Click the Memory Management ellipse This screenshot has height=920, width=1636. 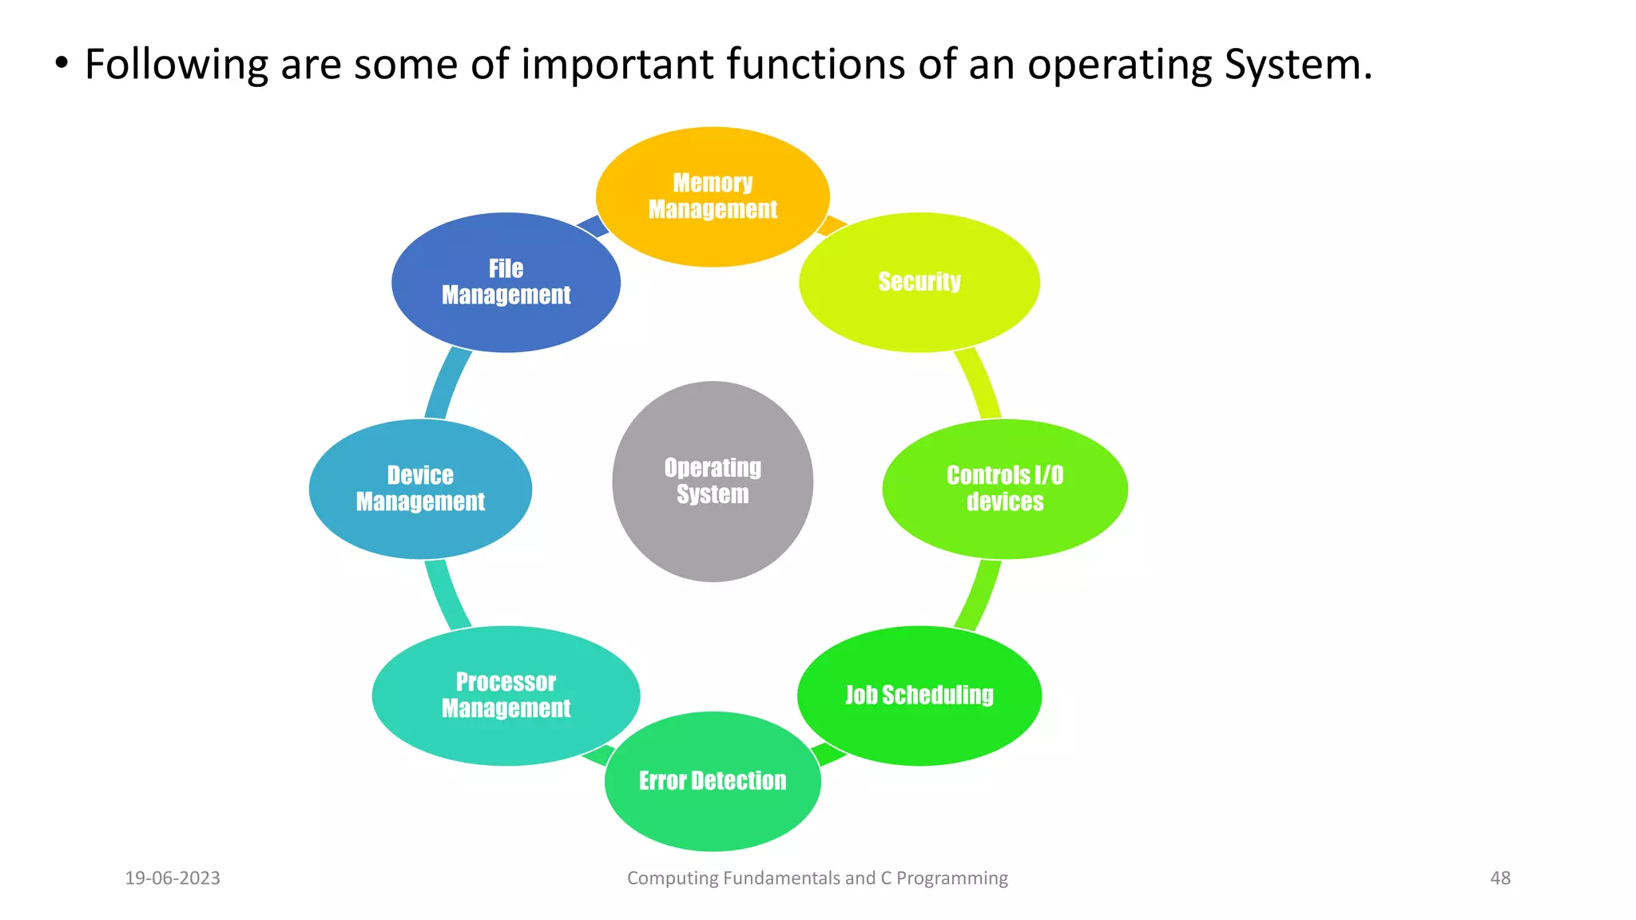pos(713,196)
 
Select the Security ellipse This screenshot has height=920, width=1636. pos(919,282)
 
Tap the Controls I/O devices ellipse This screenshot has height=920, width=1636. pos(1005,489)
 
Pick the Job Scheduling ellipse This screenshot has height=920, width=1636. pos(919,696)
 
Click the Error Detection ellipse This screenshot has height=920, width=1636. pos(713,781)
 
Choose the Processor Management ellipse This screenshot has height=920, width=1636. pos(506,696)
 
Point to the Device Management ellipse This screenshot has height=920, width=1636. pos(420,489)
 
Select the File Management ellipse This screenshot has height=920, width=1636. pos(506,282)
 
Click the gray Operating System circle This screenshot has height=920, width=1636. pos(713,482)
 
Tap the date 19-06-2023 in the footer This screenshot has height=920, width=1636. pos(173,878)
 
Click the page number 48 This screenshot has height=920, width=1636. pos(1500,878)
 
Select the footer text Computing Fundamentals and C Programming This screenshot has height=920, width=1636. pos(817,878)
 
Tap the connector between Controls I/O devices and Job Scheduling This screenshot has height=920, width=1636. pos(979,594)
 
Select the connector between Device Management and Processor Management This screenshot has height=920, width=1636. pos(446,594)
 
